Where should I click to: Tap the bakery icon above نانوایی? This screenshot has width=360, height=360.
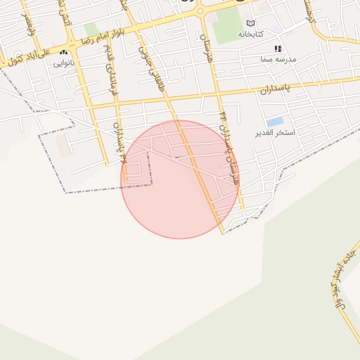point(64,52)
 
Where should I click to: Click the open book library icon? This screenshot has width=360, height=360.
point(251,23)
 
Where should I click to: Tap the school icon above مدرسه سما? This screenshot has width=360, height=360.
point(278,49)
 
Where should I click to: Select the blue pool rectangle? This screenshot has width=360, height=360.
point(275,121)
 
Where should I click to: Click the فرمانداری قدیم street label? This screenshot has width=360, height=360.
point(108,70)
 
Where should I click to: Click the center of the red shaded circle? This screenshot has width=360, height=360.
point(180,179)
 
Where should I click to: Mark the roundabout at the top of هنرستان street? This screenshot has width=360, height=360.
point(200,11)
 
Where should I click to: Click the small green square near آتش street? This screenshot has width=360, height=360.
point(91,30)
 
